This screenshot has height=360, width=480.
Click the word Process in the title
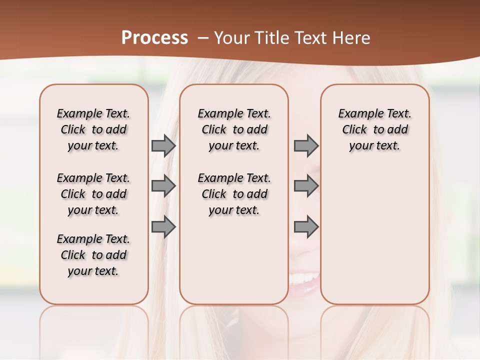(154, 38)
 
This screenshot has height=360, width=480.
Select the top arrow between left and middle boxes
(163, 146)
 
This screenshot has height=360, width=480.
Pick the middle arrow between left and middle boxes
(163, 186)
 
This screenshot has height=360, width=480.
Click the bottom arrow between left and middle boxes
(163, 227)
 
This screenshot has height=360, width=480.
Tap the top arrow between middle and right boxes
(306, 146)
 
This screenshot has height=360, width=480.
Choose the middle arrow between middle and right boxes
(306, 186)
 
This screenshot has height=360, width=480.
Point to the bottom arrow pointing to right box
(306, 227)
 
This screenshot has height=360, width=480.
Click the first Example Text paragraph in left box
(93, 129)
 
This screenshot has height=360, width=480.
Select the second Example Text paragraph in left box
(93, 194)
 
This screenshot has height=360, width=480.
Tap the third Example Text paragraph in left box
(93, 255)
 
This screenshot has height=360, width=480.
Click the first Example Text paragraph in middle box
(234, 129)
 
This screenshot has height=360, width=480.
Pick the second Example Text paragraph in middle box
(234, 194)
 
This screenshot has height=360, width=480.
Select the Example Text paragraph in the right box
(375, 129)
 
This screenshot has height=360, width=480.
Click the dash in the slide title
(203, 38)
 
